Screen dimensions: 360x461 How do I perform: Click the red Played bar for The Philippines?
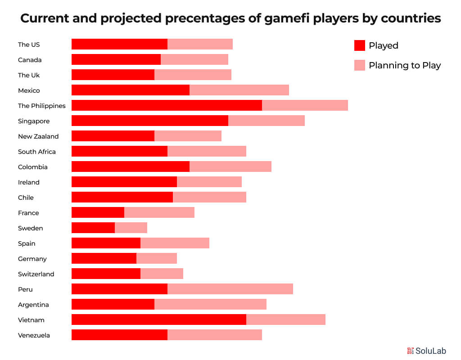pyautogui.click(x=167, y=105)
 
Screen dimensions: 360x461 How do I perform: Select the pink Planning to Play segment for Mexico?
pyautogui.click(x=239, y=90)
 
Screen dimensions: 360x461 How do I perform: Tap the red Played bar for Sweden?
pyautogui.click(x=93, y=228)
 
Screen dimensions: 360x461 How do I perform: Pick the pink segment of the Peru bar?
pyautogui.click(x=230, y=289)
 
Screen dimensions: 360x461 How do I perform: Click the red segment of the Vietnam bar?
pyautogui.click(x=159, y=319)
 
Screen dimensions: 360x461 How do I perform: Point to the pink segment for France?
pyautogui.click(x=159, y=212)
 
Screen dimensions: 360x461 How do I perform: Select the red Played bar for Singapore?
pyautogui.click(x=150, y=121)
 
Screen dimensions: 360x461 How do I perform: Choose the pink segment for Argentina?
pyautogui.click(x=210, y=304)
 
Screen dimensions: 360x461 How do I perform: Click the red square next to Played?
pyautogui.click(x=360, y=45)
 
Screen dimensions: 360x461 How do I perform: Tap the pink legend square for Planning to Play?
pyautogui.click(x=360, y=65)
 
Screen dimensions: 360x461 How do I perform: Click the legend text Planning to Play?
pyautogui.click(x=404, y=65)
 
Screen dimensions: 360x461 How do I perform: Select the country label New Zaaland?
pyautogui.click(x=38, y=136)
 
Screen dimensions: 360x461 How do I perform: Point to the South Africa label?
pyautogui.click(x=37, y=152)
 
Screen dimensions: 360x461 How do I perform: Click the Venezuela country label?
pyautogui.click(x=34, y=335)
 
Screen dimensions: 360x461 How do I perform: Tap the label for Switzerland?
pyautogui.click(x=36, y=274)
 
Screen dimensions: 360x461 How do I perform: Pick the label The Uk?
pyautogui.click(x=29, y=75)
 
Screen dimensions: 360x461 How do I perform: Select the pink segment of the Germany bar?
pyautogui.click(x=157, y=258)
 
